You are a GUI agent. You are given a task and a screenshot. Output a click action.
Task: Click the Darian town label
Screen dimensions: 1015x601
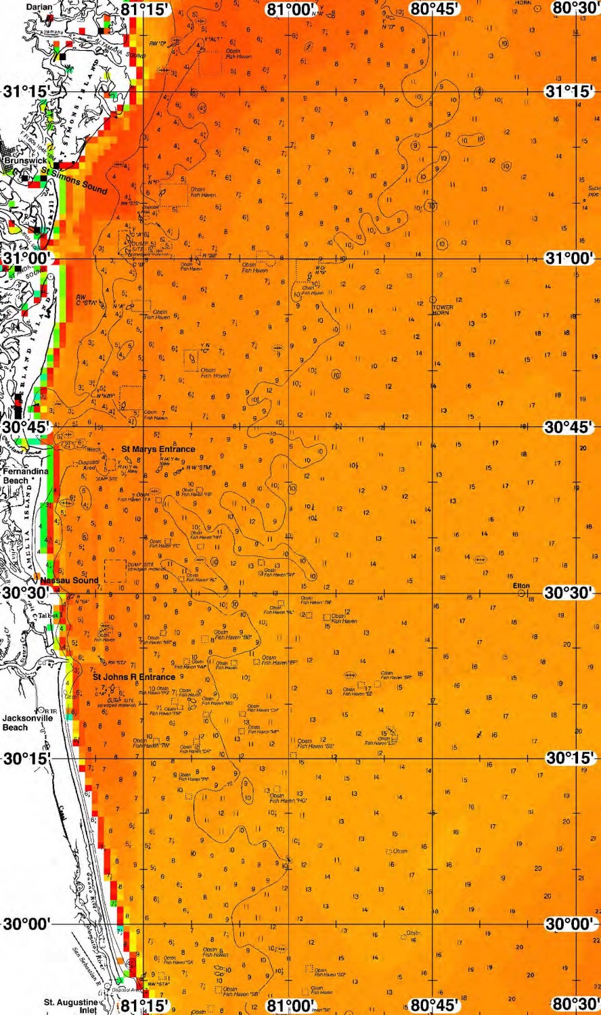39,7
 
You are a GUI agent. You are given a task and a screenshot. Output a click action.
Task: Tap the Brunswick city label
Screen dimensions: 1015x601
24,161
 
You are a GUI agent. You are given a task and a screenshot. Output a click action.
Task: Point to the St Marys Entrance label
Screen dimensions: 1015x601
158,449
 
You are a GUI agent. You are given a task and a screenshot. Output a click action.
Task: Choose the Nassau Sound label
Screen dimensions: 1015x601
69,580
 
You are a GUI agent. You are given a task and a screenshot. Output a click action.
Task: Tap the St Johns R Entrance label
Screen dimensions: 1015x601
134,677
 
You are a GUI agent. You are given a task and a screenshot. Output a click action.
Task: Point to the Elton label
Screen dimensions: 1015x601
521,586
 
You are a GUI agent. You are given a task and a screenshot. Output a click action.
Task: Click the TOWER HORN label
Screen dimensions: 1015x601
443,310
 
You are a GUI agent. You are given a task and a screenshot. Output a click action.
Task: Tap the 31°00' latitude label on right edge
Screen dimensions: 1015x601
570,258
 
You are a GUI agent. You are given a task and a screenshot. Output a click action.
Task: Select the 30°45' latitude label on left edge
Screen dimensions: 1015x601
26,428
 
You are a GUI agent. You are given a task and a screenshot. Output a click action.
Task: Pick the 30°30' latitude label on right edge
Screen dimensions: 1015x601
570,593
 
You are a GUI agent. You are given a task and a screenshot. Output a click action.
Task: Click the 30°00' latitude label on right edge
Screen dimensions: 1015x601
570,924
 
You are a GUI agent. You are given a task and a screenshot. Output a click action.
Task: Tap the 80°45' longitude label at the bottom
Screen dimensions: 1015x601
435,1006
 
